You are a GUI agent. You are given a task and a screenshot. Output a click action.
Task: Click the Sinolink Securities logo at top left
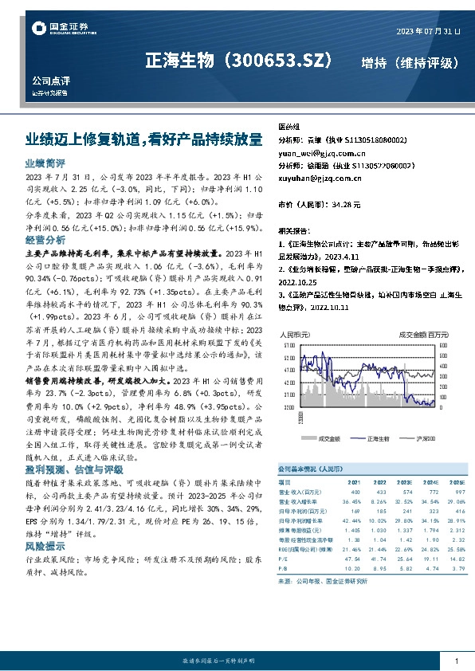tap(52, 29)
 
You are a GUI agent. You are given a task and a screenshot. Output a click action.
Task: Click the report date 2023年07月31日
tap(428, 31)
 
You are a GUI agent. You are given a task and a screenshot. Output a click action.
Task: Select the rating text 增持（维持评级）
tap(409, 62)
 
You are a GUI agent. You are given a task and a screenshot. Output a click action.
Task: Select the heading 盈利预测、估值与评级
tap(69, 470)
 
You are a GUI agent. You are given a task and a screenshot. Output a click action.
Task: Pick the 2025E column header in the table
tap(455, 482)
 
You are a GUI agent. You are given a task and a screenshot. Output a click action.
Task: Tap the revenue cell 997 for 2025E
tap(457, 492)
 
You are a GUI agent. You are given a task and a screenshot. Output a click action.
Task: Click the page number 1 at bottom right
tap(457, 662)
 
